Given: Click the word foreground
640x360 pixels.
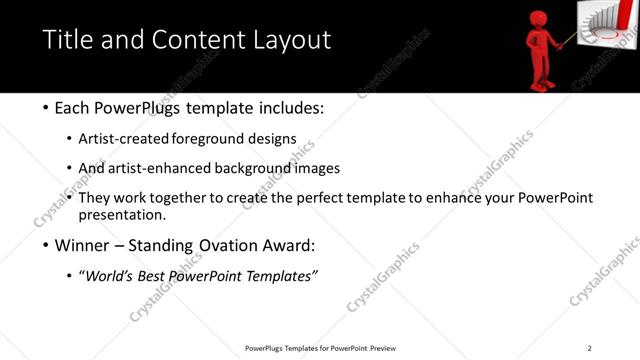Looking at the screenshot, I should click(x=214, y=138).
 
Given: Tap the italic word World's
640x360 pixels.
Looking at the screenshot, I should click(x=111, y=276).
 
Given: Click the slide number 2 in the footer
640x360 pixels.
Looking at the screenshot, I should click(x=589, y=347).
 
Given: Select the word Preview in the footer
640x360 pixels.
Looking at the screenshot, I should click(x=383, y=348).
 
